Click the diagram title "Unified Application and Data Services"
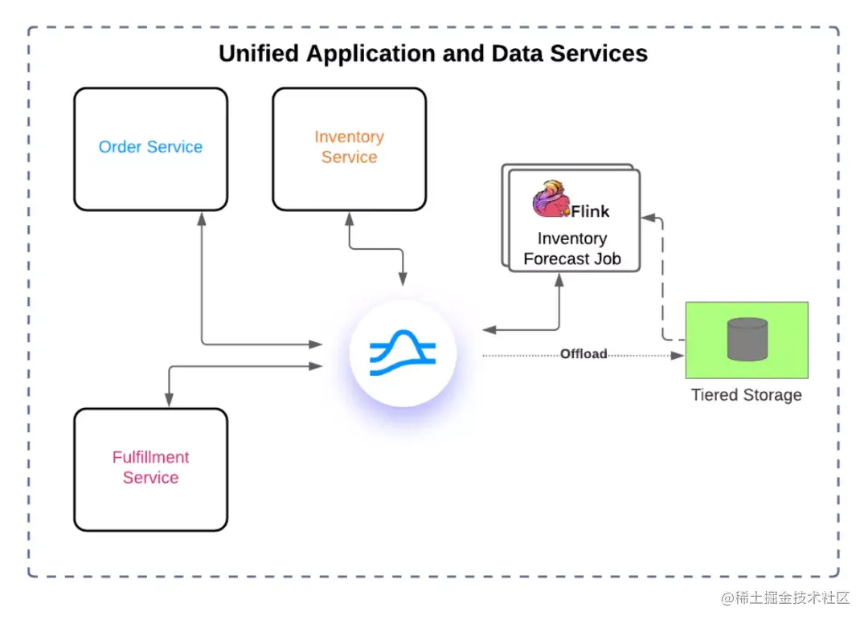click(433, 54)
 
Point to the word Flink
click(590, 211)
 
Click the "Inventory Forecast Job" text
click(572, 249)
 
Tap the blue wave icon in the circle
click(403, 354)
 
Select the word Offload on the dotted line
click(583, 354)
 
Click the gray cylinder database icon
click(747, 339)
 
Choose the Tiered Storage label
click(747, 395)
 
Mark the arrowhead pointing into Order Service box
click(200, 218)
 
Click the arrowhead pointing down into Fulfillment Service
click(169, 399)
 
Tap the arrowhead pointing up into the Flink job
click(559, 279)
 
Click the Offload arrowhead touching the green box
click(678, 354)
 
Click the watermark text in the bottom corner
click(785, 598)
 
